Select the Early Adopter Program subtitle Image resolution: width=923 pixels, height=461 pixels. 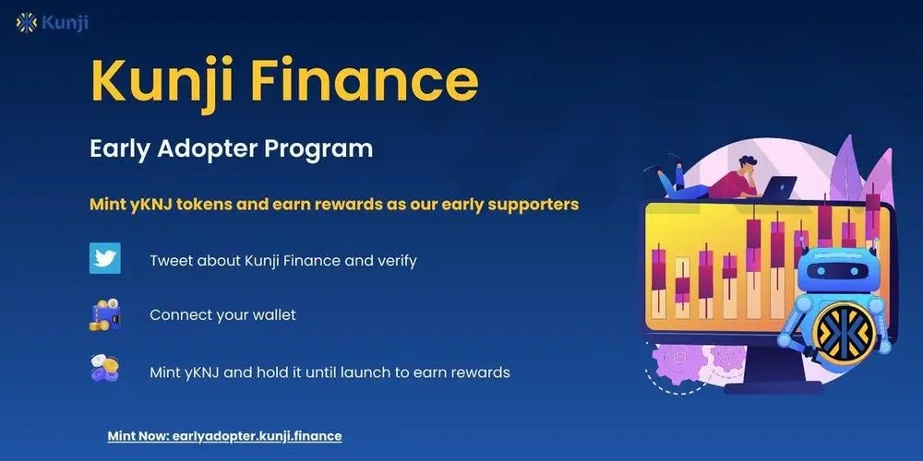pos(231,148)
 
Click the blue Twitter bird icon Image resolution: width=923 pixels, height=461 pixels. pos(105,259)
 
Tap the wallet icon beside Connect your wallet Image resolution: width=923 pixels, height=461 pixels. pos(105,315)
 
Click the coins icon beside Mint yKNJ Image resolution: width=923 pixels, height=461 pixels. pos(105,370)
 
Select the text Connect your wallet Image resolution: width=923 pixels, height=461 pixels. pos(222,315)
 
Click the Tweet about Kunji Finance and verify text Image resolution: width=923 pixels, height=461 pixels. pos(282,261)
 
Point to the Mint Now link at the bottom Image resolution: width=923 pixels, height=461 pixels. pos(224,435)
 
